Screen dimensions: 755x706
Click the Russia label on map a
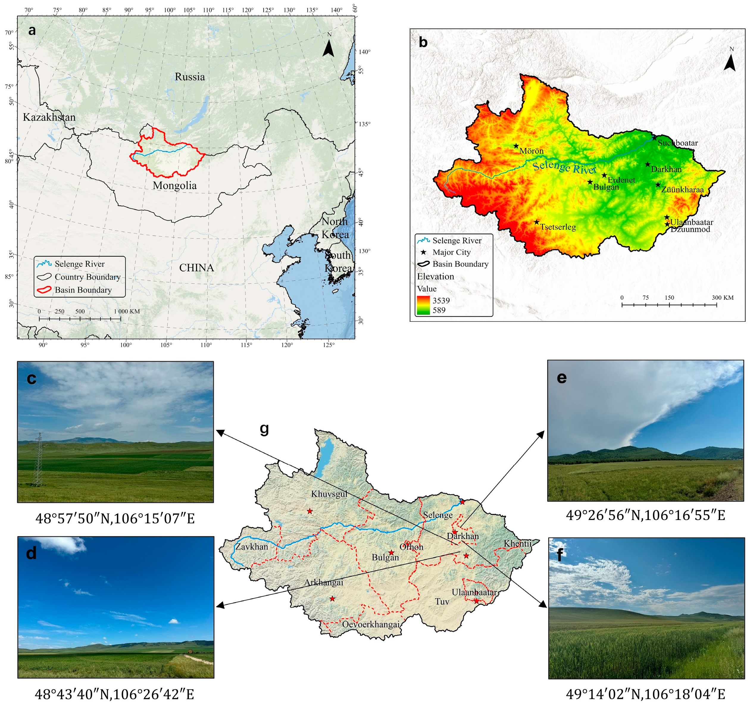[x=190, y=77]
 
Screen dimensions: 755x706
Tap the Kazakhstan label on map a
[x=49, y=117]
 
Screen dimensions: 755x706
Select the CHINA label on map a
[x=196, y=268]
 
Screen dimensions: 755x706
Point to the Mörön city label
[x=531, y=151]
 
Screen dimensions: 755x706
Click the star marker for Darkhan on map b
[x=648, y=164]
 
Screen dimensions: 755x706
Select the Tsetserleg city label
[x=558, y=227]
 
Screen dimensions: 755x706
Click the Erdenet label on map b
[x=621, y=180]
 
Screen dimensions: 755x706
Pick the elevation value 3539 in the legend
[x=441, y=300]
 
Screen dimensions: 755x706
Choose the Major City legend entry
[x=451, y=252]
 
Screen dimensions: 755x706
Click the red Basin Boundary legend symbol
[x=44, y=290]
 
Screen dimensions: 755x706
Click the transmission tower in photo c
[x=38, y=460]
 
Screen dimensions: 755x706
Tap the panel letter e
[x=561, y=378]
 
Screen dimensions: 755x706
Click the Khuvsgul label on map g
[x=329, y=494]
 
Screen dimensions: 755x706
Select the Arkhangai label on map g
[x=323, y=582]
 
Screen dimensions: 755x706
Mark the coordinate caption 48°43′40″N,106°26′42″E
[x=115, y=694]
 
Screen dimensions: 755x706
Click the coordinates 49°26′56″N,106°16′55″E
[x=645, y=515]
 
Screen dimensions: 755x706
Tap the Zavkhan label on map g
[x=251, y=547]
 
